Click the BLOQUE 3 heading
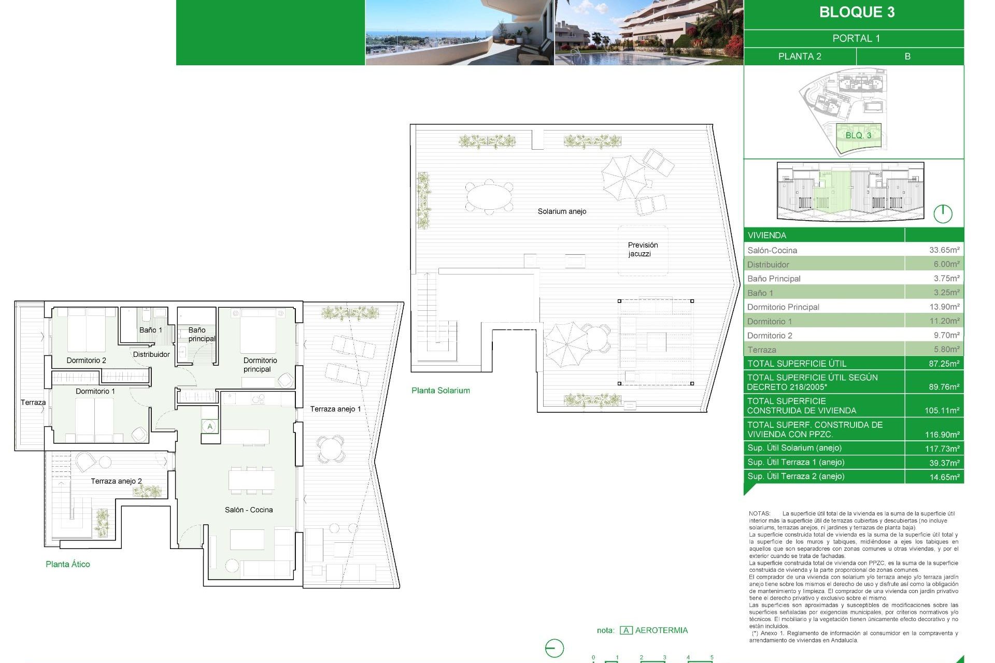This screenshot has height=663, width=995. pyautogui.click(x=857, y=12)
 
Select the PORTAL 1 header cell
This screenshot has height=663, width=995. pyautogui.click(x=856, y=38)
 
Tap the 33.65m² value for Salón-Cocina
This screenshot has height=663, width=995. pyautogui.click(x=944, y=250)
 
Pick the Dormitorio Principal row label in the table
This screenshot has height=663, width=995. pyautogui.click(x=783, y=307)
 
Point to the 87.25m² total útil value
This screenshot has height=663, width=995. pyautogui.click(x=944, y=364)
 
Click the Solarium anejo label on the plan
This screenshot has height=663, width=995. pyautogui.click(x=562, y=211)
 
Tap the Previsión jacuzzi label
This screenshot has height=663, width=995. pyautogui.click(x=643, y=249)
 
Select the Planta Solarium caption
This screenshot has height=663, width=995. pyautogui.click(x=440, y=391)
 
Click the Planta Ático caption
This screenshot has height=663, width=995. pyautogui.click(x=68, y=564)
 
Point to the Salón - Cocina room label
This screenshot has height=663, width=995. pyautogui.click(x=249, y=510)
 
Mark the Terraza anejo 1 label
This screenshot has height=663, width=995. pyautogui.click(x=335, y=409)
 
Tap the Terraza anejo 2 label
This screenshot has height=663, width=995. pyautogui.click(x=116, y=481)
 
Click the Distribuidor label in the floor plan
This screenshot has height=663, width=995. pyautogui.click(x=151, y=354)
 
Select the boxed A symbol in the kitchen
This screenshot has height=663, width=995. pyautogui.click(x=210, y=427)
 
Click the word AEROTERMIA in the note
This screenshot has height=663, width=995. pyautogui.click(x=661, y=630)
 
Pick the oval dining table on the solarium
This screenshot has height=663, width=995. pyautogui.click(x=489, y=197)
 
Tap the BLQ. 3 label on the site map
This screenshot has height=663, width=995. pyautogui.click(x=858, y=136)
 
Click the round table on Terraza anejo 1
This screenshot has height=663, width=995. pyautogui.click(x=330, y=449)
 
